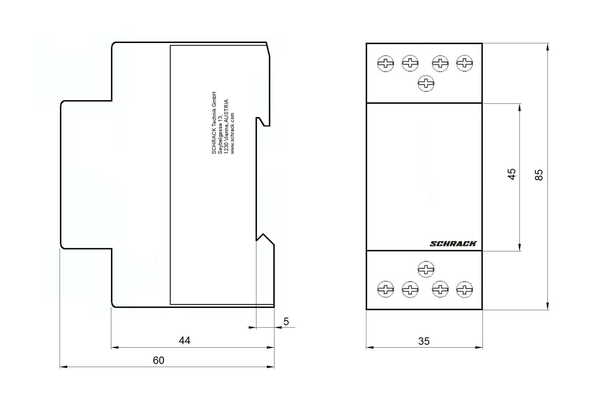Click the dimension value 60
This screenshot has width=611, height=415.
click(158, 360)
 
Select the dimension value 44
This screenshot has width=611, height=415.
click(185, 341)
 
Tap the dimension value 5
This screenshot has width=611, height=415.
click(286, 322)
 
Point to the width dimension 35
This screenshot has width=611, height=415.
click(424, 341)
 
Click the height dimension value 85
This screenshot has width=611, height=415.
click(539, 175)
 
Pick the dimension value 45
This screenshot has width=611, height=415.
click(511, 174)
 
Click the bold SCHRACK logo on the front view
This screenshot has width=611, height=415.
click(453, 244)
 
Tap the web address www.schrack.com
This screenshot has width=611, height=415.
click(233, 133)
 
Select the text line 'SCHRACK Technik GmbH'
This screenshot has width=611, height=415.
click(214, 123)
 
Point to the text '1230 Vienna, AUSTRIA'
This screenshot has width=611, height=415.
click(226, 127)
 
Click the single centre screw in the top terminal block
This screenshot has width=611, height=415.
click(426, 84)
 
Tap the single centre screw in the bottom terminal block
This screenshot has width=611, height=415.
click(426, 270)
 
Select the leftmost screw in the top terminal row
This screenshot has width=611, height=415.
click(385, 64)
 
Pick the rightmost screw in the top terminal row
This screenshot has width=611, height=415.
click(465, 63)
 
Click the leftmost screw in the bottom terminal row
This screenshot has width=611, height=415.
click(385, 290)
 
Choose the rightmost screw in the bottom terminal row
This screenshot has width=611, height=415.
click(465, 290)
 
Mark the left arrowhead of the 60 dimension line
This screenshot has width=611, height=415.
click(63, 367)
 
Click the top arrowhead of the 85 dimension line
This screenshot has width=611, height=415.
click(547, 47)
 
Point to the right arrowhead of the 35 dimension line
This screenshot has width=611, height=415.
click(479, 348)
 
